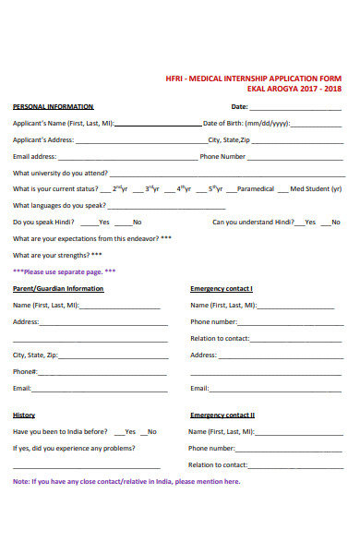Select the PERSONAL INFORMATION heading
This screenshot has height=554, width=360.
53,107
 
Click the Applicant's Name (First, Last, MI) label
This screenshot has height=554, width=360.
63,124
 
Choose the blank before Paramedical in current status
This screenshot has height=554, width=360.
231,189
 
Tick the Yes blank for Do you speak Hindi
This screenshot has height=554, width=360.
89,223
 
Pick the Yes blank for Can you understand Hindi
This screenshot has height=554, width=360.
300,223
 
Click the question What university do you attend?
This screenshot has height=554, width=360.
60,173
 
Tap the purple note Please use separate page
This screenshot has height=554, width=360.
64,271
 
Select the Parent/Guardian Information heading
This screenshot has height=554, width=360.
58,288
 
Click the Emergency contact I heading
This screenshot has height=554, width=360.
222,288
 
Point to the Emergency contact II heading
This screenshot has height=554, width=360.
222,415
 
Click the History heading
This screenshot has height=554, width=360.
24,415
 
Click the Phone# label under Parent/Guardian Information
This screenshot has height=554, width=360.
25,371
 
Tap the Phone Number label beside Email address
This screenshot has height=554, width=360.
222,157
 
